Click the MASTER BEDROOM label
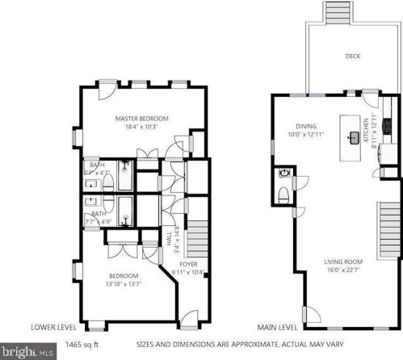click(x=141, y=117)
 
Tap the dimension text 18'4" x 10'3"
click(x=141, y=127)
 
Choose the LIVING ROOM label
click(x=343, y=262)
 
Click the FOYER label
click(x=188, y=262)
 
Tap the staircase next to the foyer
click(x=196, y=239)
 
